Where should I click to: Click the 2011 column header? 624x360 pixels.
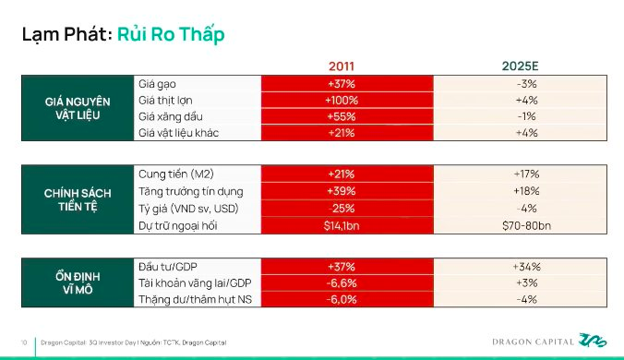click(341, 66)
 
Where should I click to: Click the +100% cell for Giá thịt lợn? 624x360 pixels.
click(341, 100)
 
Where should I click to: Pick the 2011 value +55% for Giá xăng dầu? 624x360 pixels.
click(341, 116)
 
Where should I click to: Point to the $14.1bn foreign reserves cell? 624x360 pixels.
click(341, 224)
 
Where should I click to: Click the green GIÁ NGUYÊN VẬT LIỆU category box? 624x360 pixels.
click(78, 108)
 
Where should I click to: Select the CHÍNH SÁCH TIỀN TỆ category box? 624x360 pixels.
click(78, 199)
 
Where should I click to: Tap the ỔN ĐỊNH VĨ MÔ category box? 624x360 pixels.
click(78, 282)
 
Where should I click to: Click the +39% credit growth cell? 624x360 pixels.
click(341, 191)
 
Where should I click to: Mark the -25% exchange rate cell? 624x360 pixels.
click(341, 208)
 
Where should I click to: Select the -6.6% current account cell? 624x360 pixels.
click(341, 283)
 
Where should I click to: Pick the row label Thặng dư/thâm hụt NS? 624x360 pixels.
click(191, 300)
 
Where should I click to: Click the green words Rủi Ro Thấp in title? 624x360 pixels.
click(172, 34)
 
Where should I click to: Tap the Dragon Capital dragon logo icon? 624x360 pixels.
click(592, 341)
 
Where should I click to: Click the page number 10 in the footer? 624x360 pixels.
click(24, 342)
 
